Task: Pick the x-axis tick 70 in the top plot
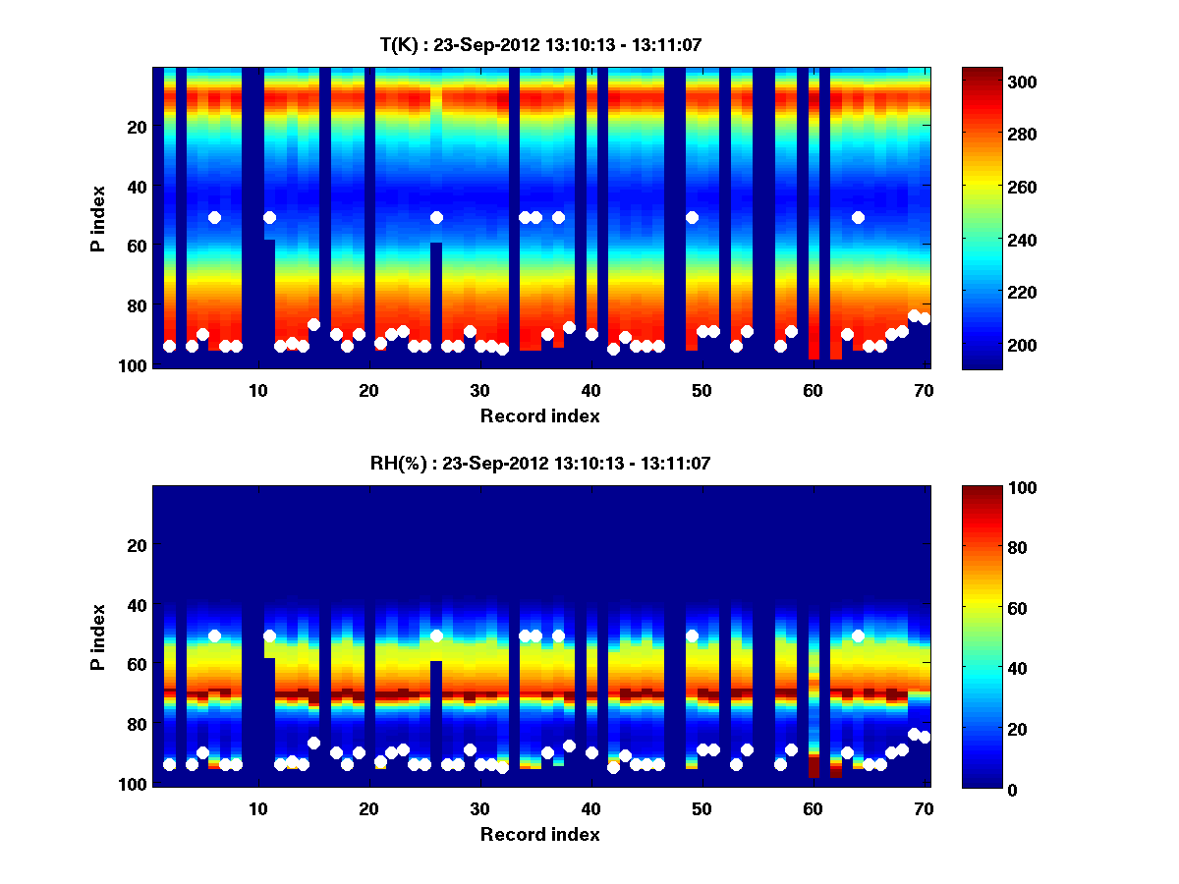(924, 389)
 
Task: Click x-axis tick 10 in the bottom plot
(257, 808)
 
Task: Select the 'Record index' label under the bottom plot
(540, 834)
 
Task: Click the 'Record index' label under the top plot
(540, 415)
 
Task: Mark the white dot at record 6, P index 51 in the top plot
(214, 217)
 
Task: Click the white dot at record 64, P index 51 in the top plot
(858, 217)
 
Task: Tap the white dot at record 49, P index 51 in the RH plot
(692, 635)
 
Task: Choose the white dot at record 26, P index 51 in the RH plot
(436, 635)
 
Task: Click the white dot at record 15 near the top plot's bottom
(314, 324)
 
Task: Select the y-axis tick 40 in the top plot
(136, 187)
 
